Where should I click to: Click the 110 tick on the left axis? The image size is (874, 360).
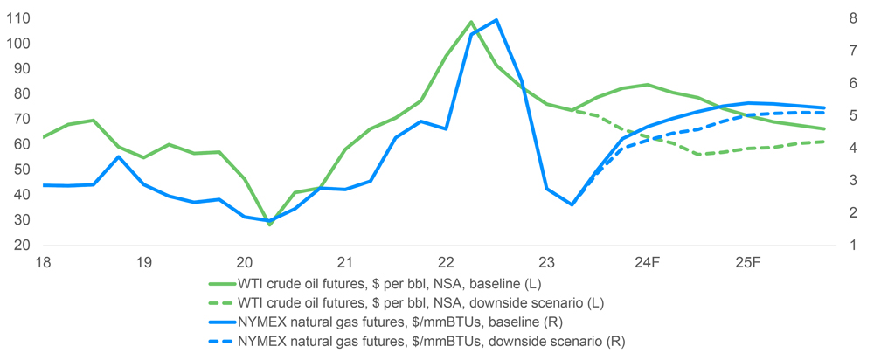coord(18,18)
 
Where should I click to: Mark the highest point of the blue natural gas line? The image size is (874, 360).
coord(496,19)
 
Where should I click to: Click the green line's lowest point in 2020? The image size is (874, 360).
coord(270,225)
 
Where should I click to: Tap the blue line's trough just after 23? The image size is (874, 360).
coord(572,204)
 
